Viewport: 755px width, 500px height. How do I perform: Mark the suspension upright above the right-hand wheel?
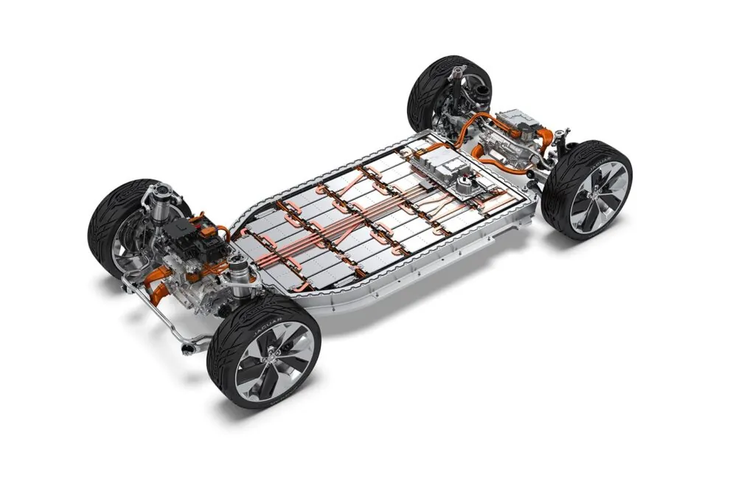pos(562,140)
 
